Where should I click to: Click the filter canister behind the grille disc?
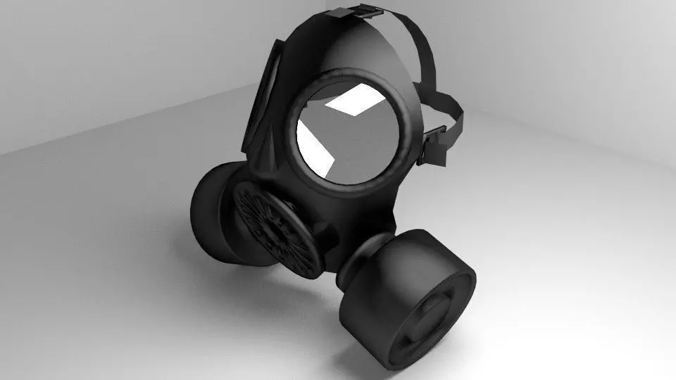click(215, 211)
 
